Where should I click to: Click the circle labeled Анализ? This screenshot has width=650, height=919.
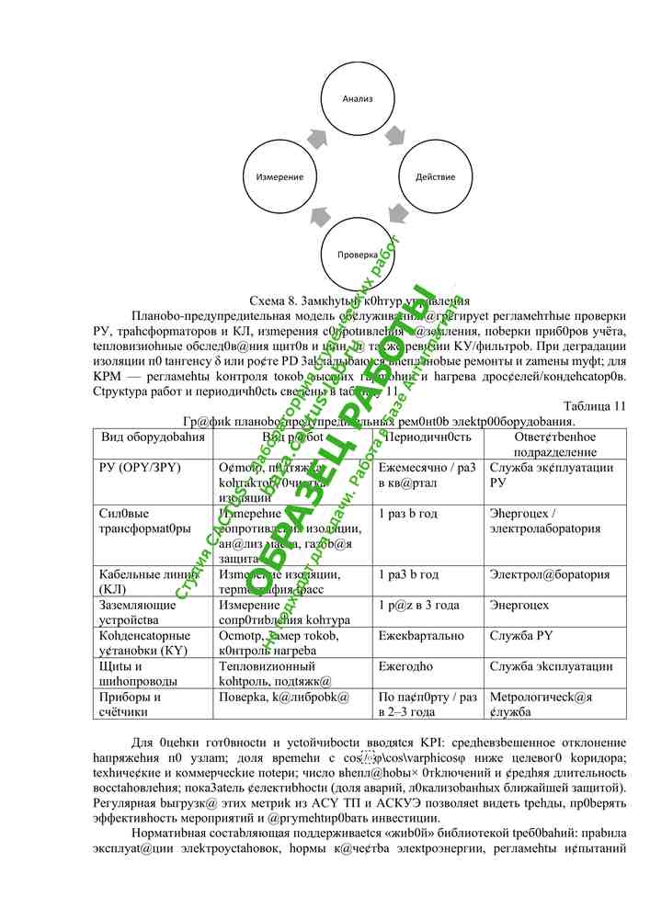coord(357,99)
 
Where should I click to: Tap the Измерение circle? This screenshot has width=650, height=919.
coord(280,175)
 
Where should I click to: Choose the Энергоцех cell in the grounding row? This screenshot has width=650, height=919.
coord(520,606)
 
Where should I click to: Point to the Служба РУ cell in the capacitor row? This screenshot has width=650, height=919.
coord(521,636)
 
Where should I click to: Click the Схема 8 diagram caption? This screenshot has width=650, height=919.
coord(359,301)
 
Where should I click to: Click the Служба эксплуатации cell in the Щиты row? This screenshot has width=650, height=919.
coord(551,666)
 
